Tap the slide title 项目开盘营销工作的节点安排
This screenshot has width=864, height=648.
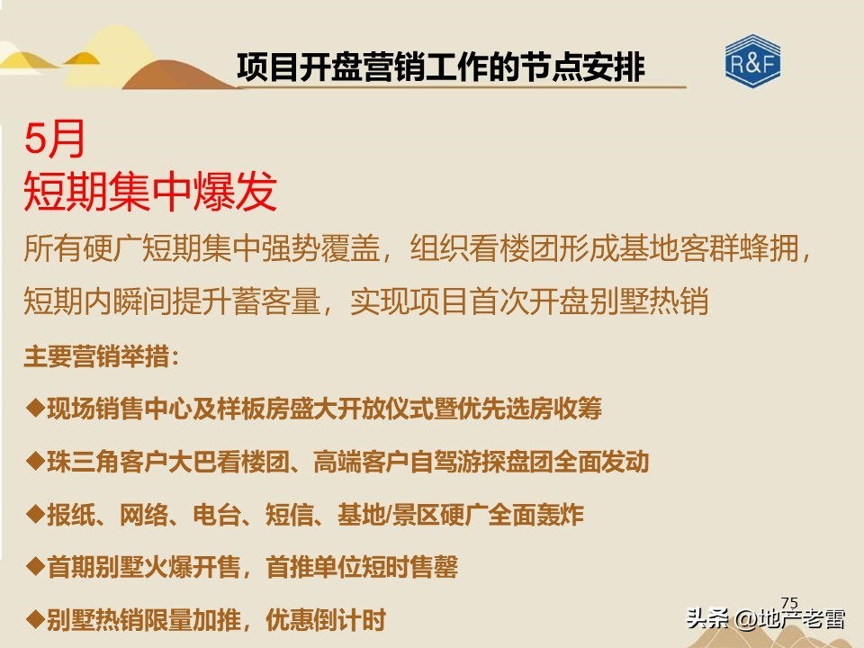click(x=441, y=67)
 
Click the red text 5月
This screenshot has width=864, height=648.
click(x=56, y=140)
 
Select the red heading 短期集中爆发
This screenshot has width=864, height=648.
click(x=149, y=192)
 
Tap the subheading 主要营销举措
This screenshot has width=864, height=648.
click(x=101, y=356)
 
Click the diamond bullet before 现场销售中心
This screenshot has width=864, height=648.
click(x=35, y=408)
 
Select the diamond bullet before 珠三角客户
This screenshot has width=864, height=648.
click(x=35, y=461)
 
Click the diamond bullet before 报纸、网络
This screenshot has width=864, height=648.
click(x=35, y=513)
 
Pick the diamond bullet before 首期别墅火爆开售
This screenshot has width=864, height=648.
click(x=35, y=566)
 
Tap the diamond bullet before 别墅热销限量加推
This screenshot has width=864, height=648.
click(x=35, y=618)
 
